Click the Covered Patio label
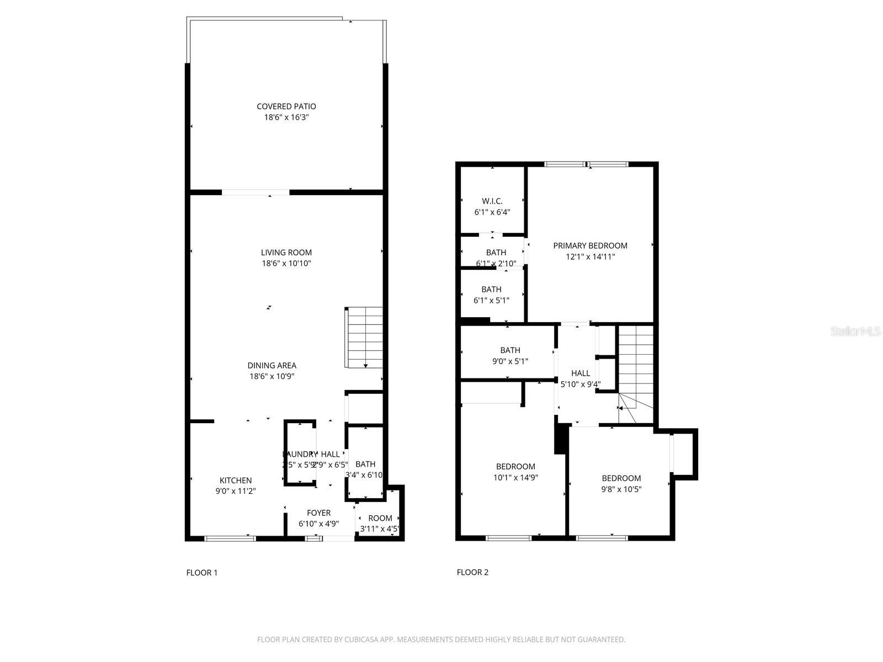click(286, 106)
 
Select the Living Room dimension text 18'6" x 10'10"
click(286, 264)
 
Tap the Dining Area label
click(272, 365)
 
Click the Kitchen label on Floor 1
click(236, 481)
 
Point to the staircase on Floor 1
click(365, 338)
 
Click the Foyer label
click(318, 513)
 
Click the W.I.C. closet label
click(492, 201)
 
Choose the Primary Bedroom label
click(590, 245)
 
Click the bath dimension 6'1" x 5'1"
click(491, 301)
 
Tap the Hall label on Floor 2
click(581, 373)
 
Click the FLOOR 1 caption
click(202, 573)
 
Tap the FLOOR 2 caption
click(472, 572)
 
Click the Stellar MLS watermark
click(855, 332)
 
